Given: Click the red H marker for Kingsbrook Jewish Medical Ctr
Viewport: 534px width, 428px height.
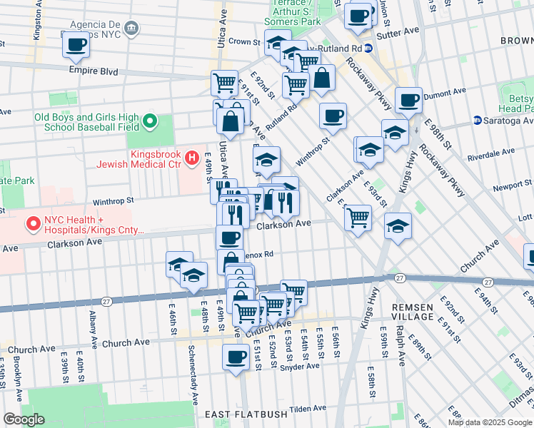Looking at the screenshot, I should click(x=191, y=157).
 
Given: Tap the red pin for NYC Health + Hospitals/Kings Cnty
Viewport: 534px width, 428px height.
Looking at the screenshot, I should click(x=32, y=225).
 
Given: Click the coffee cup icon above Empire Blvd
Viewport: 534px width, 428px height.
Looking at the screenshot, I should click(x=76, y=46).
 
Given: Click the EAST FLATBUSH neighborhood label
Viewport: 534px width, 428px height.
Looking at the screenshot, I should click(x=246, y=414).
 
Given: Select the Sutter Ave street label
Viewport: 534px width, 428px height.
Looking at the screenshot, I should click(x=401, y=31).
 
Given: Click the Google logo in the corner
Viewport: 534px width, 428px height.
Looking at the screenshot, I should click(x=24, y=419).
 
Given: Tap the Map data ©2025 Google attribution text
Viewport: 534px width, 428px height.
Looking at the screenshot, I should click(x=490, y=422).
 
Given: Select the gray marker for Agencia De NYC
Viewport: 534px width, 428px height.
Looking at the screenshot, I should click(x=131, y=28).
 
